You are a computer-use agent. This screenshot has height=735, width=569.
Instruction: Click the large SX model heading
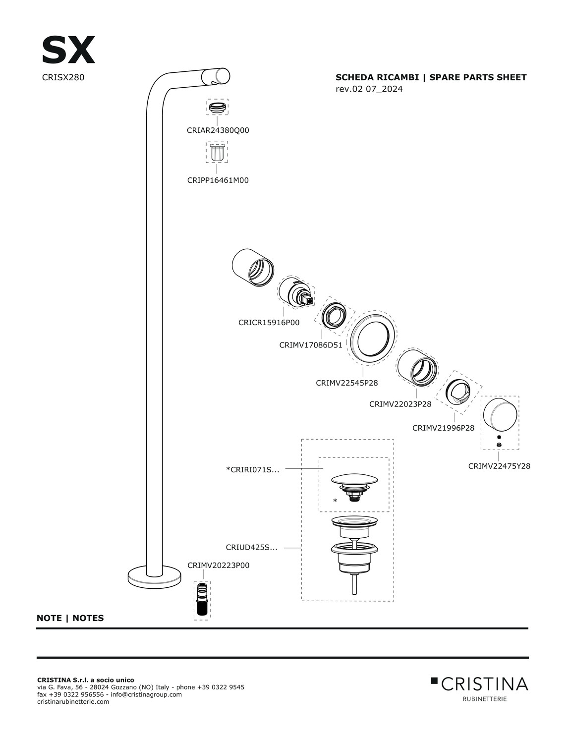[68, 51]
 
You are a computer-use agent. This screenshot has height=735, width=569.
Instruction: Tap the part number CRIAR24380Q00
[218, 131]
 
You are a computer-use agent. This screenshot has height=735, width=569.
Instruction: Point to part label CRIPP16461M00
[218, 180]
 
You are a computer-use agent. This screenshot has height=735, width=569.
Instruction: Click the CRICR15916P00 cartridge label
[269, 323]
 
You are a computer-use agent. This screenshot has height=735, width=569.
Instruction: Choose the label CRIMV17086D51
[311, 345]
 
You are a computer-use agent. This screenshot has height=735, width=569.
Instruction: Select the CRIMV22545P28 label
[347, 383]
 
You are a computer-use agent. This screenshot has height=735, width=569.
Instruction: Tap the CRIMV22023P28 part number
[400, 404]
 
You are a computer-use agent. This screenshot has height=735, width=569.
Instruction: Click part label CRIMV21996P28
[443, 428]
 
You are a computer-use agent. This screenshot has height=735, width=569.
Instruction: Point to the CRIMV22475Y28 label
[499, 466]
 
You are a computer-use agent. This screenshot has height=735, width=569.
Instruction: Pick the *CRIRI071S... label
[252, 470]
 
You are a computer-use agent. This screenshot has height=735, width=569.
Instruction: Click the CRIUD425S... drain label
[251, 548]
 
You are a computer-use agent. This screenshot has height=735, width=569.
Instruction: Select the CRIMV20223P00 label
[218, 565]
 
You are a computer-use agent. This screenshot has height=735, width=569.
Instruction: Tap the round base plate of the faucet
[155, 576]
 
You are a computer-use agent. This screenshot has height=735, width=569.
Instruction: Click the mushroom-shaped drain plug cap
[353, 479]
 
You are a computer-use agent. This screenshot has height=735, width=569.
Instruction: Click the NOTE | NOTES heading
[70, 619]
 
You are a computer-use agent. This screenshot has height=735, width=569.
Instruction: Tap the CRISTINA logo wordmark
[484, 684]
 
